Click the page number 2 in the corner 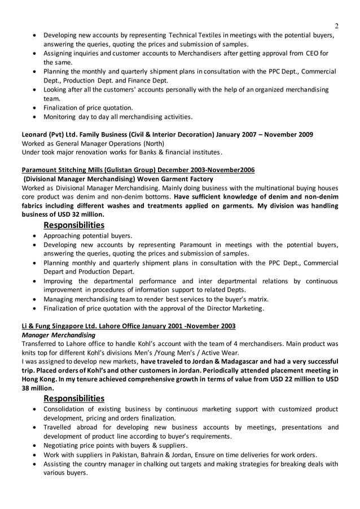(x=336, y=25)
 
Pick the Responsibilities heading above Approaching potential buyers (x=73, y=225)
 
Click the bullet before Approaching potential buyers (x=37, y=236)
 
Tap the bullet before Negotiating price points (x=37, y=446)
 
